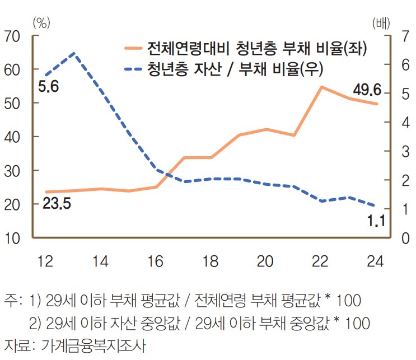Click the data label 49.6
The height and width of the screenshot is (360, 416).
tap(367, 90)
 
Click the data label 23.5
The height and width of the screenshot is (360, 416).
tap(56, 203)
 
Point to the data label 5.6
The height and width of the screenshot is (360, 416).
tap(49, 87)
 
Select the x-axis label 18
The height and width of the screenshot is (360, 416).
tap(211, 261)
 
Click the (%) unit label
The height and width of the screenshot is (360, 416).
tap(42, 23)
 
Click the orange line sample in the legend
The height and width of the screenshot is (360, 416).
tap(133, 48)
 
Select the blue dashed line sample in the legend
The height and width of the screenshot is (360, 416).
tap(133, 69)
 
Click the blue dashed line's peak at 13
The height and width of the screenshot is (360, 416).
tap(74, 53)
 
